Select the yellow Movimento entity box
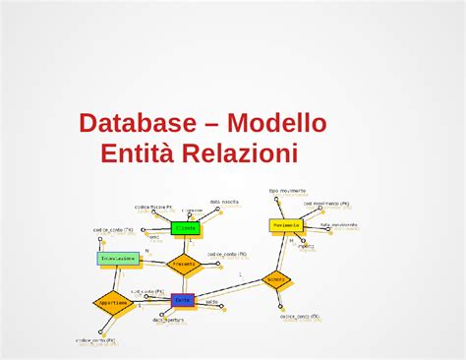point(285,225)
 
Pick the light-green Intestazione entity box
point(118,259)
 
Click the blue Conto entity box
point(183,300)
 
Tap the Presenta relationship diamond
point(184,264)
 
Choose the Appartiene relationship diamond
point(112,303)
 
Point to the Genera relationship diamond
point(276,279)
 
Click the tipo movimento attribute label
point(287,191)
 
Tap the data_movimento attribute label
point(338,224)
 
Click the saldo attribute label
point(211,302)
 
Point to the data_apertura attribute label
point(168,320)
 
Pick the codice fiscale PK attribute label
point(153,208)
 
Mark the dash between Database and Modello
point(208,125)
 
